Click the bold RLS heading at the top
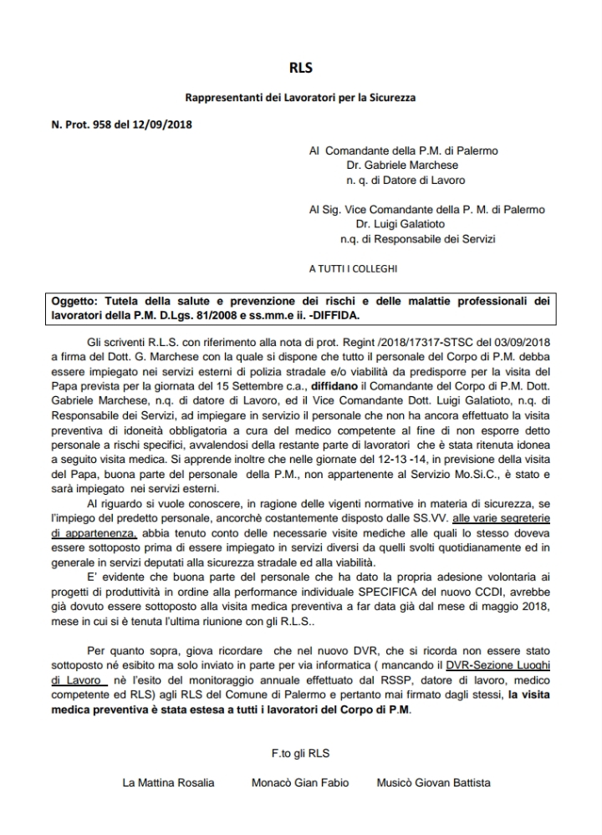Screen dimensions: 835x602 click(300, 69)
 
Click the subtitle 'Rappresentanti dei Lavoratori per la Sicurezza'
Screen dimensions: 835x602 click(300, 99)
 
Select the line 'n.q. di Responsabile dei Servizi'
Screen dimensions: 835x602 click(418, 240)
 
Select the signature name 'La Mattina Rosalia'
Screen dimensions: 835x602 click(168, 783)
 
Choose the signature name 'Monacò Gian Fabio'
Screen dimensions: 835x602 click(300, 783)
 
